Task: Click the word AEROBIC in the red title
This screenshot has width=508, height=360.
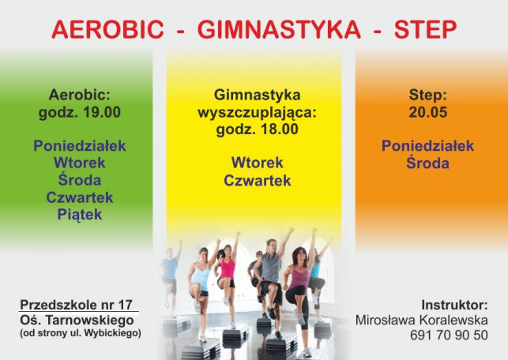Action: click(x=107, y=29)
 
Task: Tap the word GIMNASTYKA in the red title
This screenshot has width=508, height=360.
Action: click(x=279, y=29)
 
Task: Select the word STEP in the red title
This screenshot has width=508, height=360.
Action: click(x=425, y=29)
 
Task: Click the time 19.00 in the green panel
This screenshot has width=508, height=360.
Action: click(x=102, y=112)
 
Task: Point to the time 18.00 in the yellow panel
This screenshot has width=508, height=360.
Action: click(x=280, y=129)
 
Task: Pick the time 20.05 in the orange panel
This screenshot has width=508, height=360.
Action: click(x=427, y=112)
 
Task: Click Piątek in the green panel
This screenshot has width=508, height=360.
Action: click(x=80, y=215)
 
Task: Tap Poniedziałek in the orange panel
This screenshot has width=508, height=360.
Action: click(x=427, y=146)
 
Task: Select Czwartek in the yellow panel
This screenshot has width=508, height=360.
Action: click(x=258, y=180)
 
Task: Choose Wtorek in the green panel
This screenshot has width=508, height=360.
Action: click(x=80, y=163)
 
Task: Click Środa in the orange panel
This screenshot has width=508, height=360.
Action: click(x=427, y=162)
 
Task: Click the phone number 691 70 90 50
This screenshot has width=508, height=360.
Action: click(x=449, y=335)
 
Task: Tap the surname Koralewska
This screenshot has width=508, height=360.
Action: click(x=453, y=320)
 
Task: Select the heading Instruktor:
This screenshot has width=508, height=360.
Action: click(x=454, y=305)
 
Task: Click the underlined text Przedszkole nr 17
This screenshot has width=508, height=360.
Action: click(x=76, y=305)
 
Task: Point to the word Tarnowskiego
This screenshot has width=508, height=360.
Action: click(x=90, y=321)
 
